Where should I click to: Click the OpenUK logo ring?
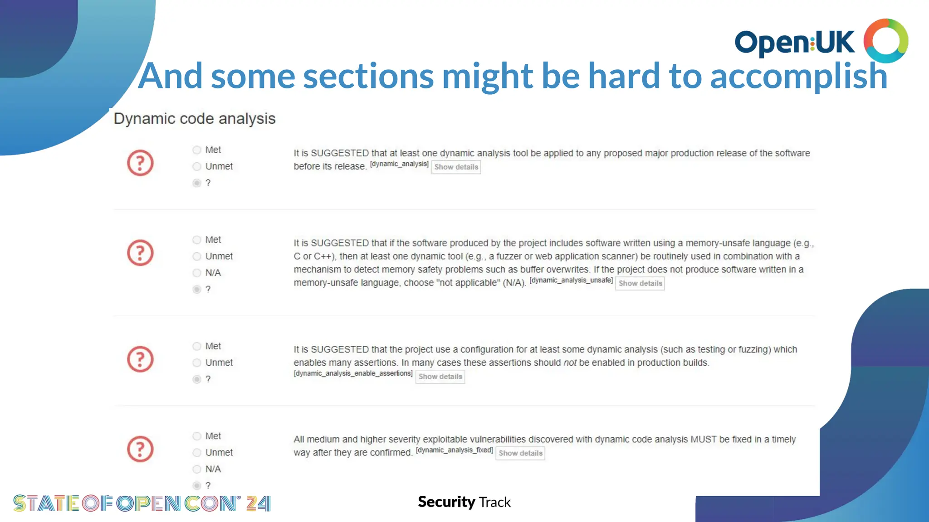pyautogui.click(x=885, y=41)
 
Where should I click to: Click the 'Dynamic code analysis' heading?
pyautogui.click(x=195, y=119)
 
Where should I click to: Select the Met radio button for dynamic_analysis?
pyautogui.click(x=197, y=150)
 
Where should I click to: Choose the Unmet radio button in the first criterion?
pyautogui.click(x=197, y=167)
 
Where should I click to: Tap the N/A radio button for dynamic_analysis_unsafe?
pyautogui.click(x=197, y=273)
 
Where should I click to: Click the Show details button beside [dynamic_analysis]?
pyautogui.click(x=456, y=167)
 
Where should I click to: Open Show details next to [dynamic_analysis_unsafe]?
pyautogui.click(x=640, y=284)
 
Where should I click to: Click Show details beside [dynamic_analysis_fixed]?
pyautogui.click(x=520, y=454)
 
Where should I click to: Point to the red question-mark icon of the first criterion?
pyautogui.click(x=140, y=163)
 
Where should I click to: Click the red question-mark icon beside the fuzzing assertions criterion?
pyautogui.click(x=140, y=359)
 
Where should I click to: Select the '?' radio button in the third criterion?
pyautogui.click(x=197, y=379)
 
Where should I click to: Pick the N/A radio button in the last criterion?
pyautogui.click(x=197, y=469)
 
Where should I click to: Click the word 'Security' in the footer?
pyautogui.click(x=446, y=502)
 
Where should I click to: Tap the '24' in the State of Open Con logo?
pyautogui.click(x=258, y=503)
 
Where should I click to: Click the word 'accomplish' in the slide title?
pyautogui.click(x=798, y=76)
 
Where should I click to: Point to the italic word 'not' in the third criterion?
pyautogui.click(x=570, y=363)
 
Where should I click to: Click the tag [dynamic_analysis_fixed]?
pyautogui.click(x=454, y=450)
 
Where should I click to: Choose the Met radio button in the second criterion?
pyautogui.click(x=197, y=240)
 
